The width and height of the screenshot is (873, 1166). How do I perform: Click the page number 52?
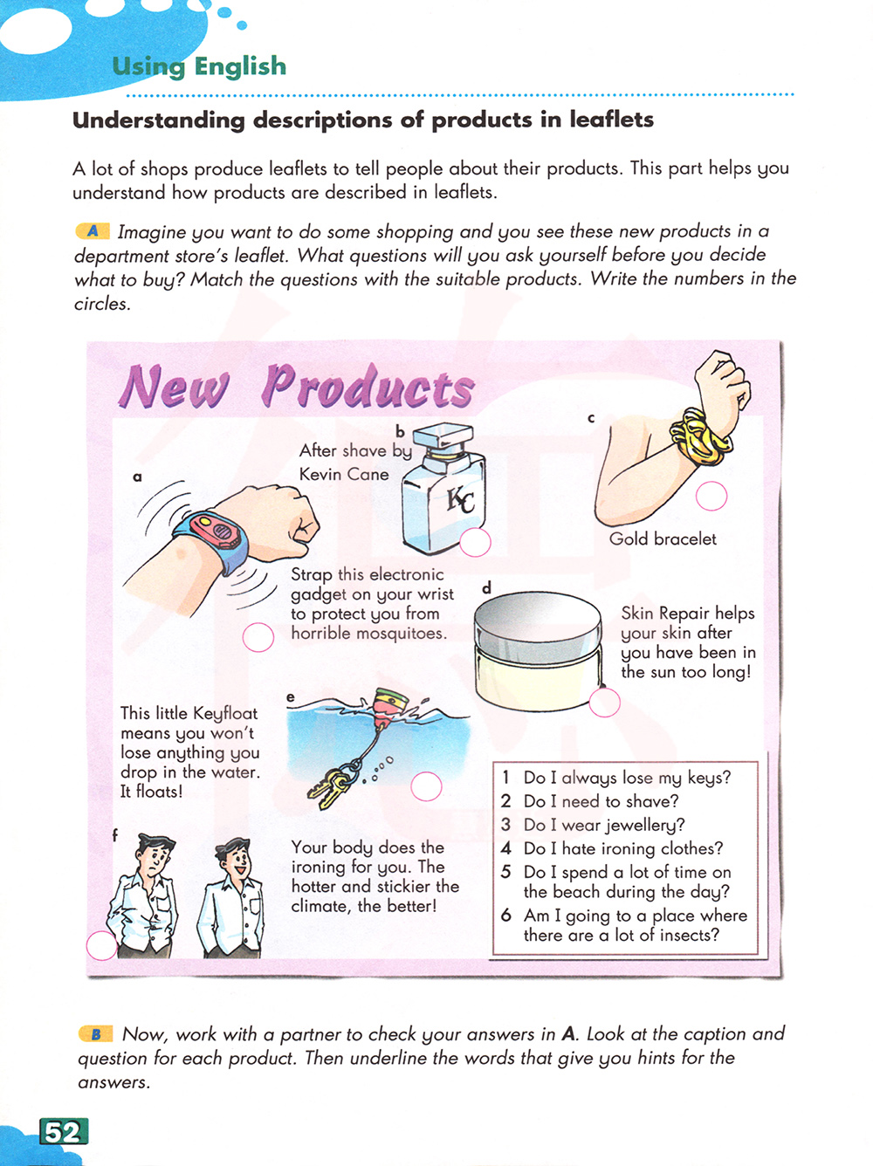pyautogui.click(x=63, y=1132)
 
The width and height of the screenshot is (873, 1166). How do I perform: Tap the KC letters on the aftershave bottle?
pyautogui.click(x=459, y=500)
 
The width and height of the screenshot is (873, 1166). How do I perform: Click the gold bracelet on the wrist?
pyautogui.click(x=698, y=437)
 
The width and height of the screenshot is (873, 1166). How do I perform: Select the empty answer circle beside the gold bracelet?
pyautogui.click(x=711, y=496)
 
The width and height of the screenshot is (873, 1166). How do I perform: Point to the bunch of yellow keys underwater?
pyautogui.click(x=332, y=786)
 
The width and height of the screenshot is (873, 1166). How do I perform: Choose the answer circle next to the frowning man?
pyautogui.click(x=101, y=945)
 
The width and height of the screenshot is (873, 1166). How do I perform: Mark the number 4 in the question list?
pyautogui.click(x=505, y=848)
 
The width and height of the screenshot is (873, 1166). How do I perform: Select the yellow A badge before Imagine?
pyautogui.click(x=93, y=231)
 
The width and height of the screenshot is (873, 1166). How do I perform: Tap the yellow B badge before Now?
pyautogui.click(x=96, y=1034)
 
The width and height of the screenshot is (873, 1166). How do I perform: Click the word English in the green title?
pyautogui.click(x=240, y=66)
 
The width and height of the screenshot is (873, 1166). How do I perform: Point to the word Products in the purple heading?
pyautogui.click(x=368, y=387)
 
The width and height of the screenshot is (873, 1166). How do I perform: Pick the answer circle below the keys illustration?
pyautogui.click(x=426, y=786)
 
